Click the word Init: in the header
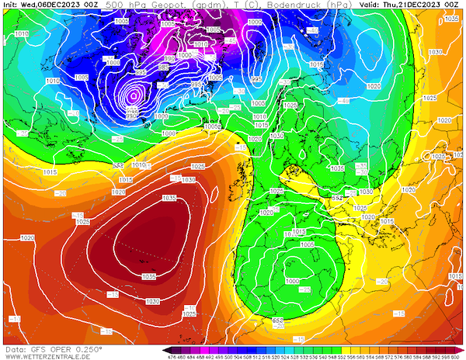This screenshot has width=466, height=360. (x=10, y=5)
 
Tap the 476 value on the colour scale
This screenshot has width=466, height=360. (x=170, y=357)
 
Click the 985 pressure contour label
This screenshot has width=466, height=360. (x=141, y=72)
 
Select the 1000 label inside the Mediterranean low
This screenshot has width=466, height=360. (x=292, y=281)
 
